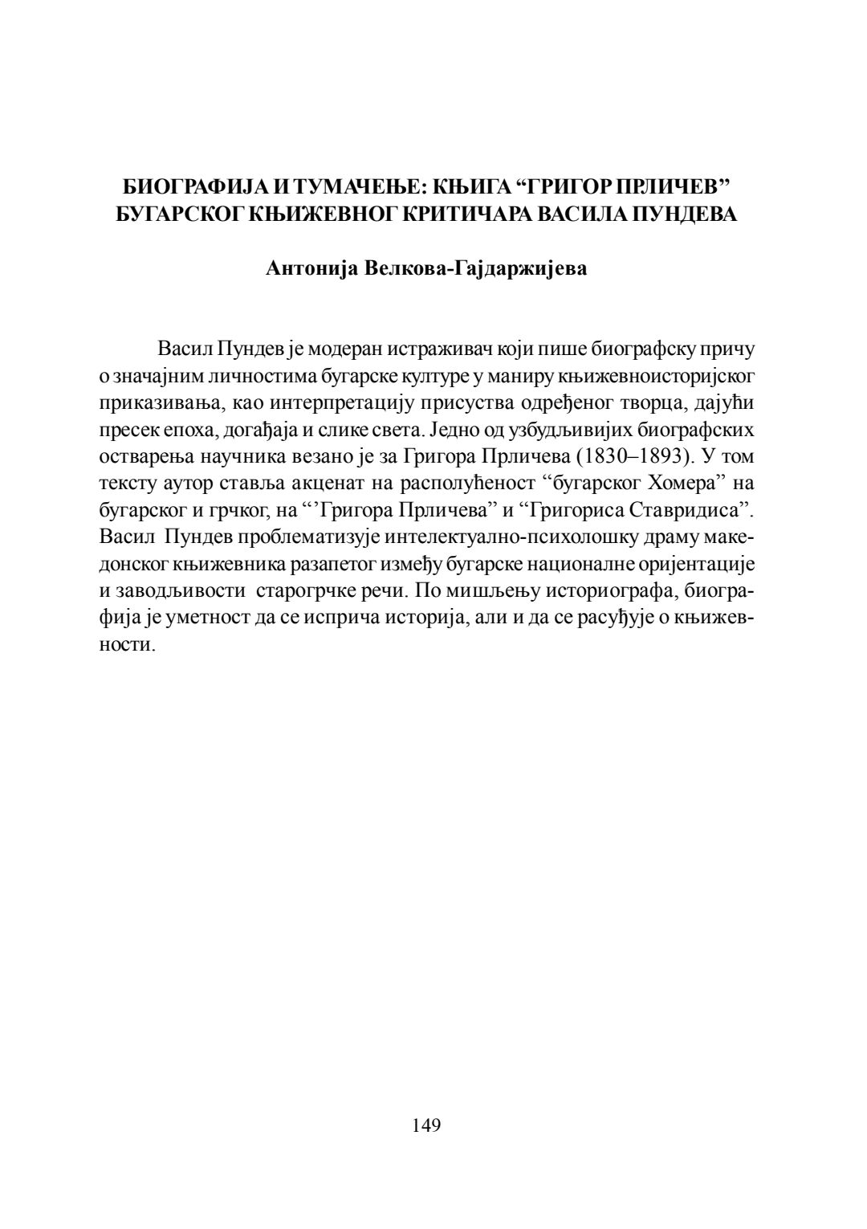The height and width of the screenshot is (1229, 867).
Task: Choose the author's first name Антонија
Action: click(x=311, y=268)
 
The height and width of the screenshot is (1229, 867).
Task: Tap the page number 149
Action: click(x=426, y=1125)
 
